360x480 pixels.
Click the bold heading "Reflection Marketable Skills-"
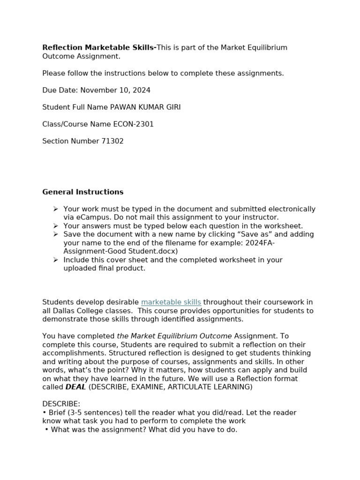coord(99,48)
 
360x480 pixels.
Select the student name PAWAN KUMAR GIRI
coord(145,107)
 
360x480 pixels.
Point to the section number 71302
coord(112,141)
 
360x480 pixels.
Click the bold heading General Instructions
coord(83,192)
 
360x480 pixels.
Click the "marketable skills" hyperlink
coord(171,302)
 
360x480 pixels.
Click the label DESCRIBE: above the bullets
coord(61,404)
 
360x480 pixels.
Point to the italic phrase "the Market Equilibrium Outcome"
coord(174,336)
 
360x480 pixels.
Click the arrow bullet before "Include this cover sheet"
coord(56,260)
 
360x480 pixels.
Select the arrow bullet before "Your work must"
coord(56,209)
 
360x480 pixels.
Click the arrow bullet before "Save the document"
coord(56,234)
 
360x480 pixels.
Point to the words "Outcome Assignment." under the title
coord(81,56)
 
